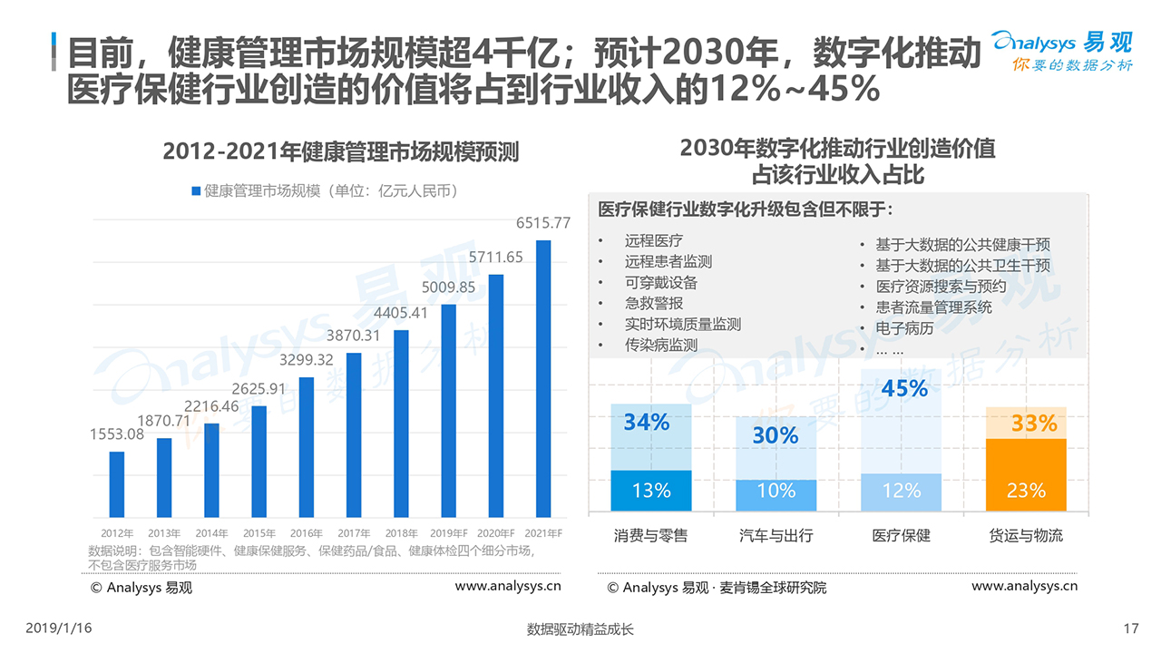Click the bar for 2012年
coord(117,484)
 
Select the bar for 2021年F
coord(543,379)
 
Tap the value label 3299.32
coord(307,360)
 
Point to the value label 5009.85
coord(448,288)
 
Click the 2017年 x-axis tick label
coord(354,533)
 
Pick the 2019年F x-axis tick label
coord(448,533)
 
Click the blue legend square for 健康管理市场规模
coord(196,191)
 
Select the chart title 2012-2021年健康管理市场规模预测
coord(341,151)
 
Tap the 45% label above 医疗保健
coord(904,389)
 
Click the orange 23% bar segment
coord(1026,475)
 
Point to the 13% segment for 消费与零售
coord(651,491)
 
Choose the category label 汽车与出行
coord(776,535)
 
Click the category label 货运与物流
coord(1026,535)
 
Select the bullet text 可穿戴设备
coord(661,282)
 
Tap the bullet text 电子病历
coord(904,327)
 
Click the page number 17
coord(1130,629)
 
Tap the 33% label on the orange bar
coord(1034,424)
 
